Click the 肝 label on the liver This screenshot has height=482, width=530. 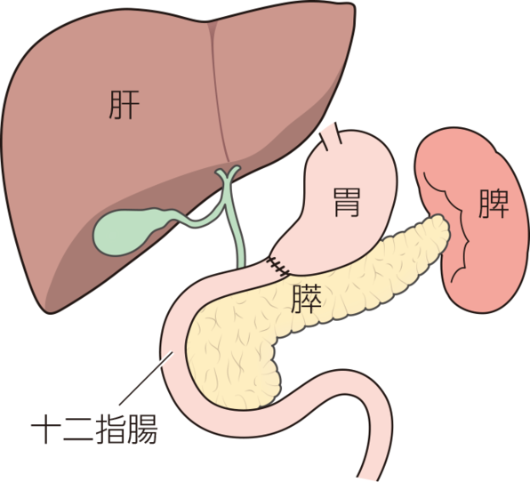(x=124, y=105)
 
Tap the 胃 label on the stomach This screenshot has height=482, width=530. (x=347, y=202)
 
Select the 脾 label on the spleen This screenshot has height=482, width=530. (x=494, y=204)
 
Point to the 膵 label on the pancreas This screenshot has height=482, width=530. (x=307, y=299)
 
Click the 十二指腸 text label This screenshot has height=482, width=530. (x=94, y=429)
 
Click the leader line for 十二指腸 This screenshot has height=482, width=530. (x=146, y=378)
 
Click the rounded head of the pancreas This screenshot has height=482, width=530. (x=233, y=358)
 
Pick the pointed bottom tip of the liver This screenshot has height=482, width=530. (x=51, y=312)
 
